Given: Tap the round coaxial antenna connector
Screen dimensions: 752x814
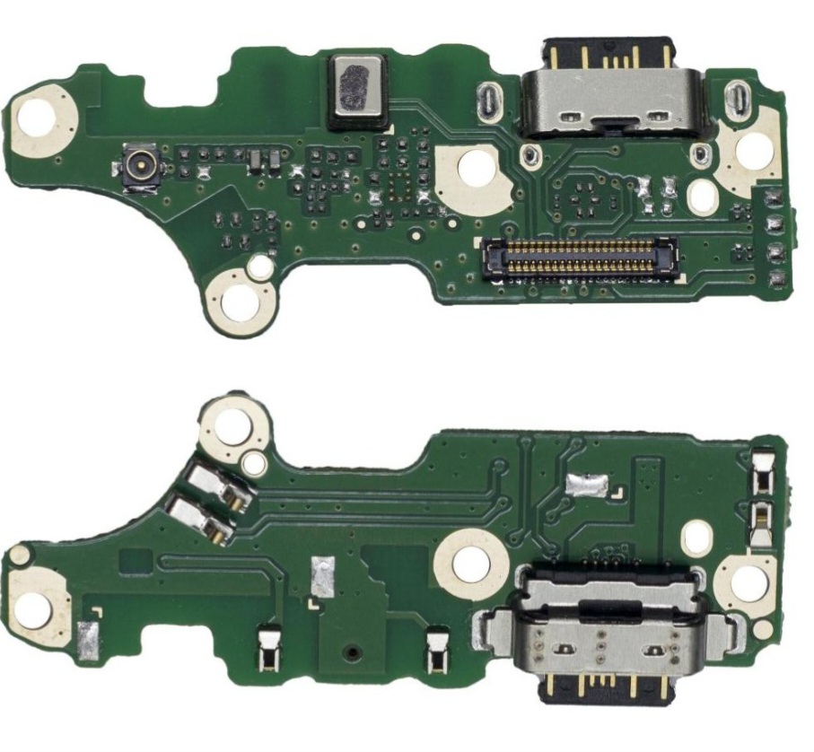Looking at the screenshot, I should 139,167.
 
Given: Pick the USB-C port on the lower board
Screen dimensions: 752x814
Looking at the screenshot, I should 603,637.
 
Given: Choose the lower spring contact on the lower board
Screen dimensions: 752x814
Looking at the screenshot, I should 200,520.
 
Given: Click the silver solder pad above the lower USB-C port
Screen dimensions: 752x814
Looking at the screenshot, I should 585,485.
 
